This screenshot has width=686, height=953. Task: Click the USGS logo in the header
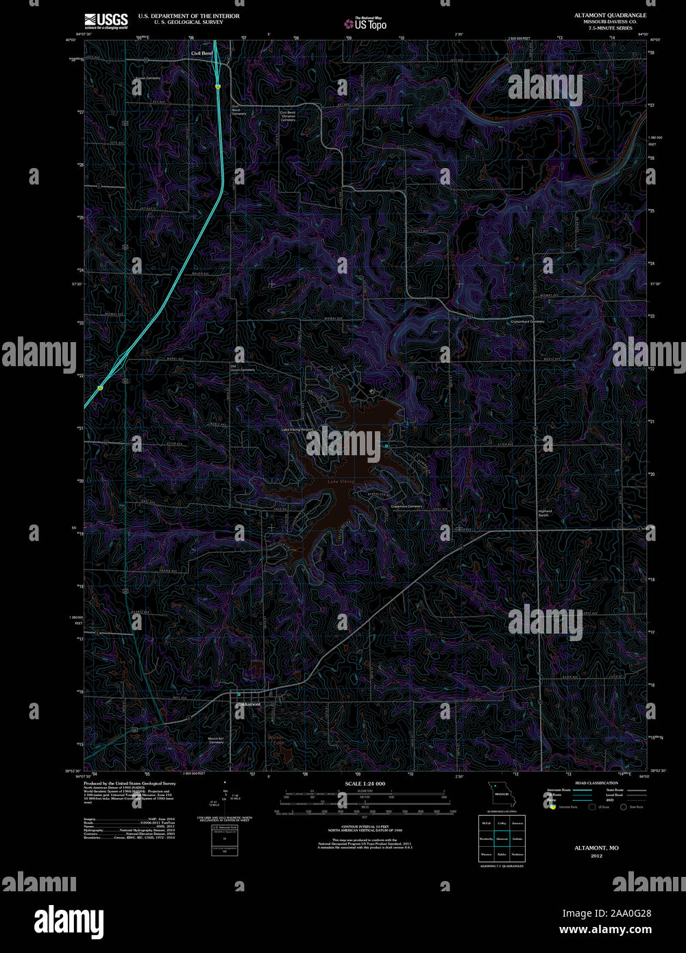[106, 20]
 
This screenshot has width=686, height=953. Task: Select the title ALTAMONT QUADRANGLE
[610, 15]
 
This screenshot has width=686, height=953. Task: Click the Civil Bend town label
[201, 53]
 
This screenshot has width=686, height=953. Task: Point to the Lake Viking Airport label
[296, 430]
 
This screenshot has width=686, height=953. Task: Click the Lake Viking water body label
[341, 482]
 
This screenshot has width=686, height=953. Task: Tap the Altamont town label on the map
[250, 705]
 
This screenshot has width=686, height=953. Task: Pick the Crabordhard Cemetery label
[527, 321]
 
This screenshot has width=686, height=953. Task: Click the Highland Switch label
[545, 513]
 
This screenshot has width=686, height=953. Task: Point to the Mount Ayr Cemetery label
[216, 740]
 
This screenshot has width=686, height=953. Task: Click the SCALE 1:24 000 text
[365, 783]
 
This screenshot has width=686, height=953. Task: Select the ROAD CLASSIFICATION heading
[596, 782]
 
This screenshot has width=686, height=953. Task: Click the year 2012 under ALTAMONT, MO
[596, 856]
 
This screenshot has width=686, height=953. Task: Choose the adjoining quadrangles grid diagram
[502, 838]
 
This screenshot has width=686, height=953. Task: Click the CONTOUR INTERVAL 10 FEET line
[365, 828]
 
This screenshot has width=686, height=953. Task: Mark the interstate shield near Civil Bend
[217, 87]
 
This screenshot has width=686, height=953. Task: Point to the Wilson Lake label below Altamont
[275, 739]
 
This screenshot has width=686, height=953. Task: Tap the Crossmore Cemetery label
[406, 507]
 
